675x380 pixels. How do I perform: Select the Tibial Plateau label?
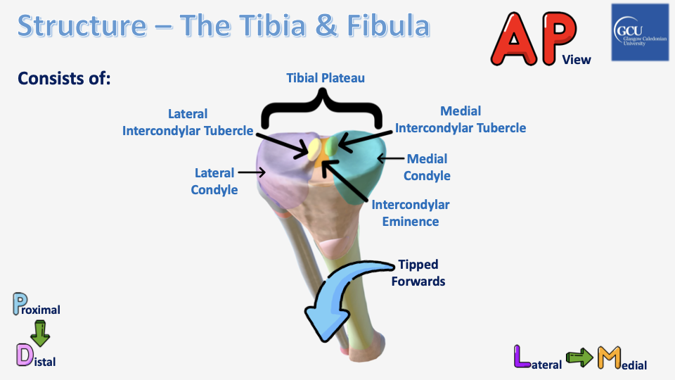[x=326, y=78]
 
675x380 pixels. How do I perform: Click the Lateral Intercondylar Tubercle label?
[x=188, y=122]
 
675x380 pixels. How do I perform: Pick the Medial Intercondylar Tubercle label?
[x=461, y=120]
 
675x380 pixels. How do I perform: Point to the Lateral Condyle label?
[x=214, y=181]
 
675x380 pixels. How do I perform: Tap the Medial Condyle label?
[x=427, y=167]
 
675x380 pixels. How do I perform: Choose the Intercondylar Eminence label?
[x=410, y=213]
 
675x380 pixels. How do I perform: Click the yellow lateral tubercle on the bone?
[x=314, y=147]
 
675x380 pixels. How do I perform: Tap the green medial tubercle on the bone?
[x=329, y=145]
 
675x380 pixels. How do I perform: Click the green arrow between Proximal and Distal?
[x=40, y=333]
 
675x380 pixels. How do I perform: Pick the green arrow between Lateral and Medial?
[x=581, y=358]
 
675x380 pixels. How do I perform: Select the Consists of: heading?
[x=65, y=78]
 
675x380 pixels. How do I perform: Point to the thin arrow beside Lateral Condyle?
[x=251, y=171]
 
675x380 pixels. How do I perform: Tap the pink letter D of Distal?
[x=25, y=355]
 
